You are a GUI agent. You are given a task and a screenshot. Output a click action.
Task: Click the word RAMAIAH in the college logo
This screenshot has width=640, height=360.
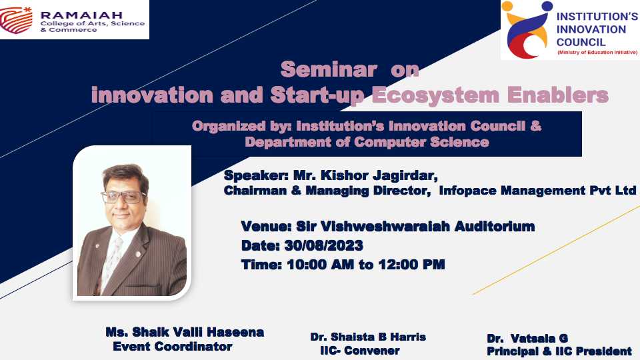pos(81,15)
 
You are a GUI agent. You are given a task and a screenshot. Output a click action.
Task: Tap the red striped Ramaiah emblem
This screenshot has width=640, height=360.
pos(16,20)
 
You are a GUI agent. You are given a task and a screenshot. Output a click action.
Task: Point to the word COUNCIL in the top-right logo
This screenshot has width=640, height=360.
pos(581,42)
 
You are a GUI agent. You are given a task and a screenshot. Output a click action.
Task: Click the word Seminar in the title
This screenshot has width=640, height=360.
pos(329,69)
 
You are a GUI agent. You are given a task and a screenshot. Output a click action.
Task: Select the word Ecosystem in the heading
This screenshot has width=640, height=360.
pos(435,95)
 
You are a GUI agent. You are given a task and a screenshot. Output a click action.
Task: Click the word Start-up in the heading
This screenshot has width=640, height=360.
pos(317,95)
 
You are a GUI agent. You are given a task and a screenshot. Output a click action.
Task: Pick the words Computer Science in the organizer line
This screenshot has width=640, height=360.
pos(421,142)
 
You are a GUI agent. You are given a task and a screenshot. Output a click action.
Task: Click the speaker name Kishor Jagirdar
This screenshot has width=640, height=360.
pos(379,176)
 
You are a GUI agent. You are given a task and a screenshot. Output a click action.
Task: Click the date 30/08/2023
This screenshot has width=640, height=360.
pos(324,245)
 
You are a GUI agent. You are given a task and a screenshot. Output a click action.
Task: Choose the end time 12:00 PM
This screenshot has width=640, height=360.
pos(411,265)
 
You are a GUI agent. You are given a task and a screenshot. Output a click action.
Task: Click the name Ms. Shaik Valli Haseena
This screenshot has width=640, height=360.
pos(185,332)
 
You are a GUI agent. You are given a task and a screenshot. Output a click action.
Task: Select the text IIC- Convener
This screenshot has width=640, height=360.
pos(359,350)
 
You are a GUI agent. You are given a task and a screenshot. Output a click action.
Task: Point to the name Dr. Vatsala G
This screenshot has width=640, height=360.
pos(527,339)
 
